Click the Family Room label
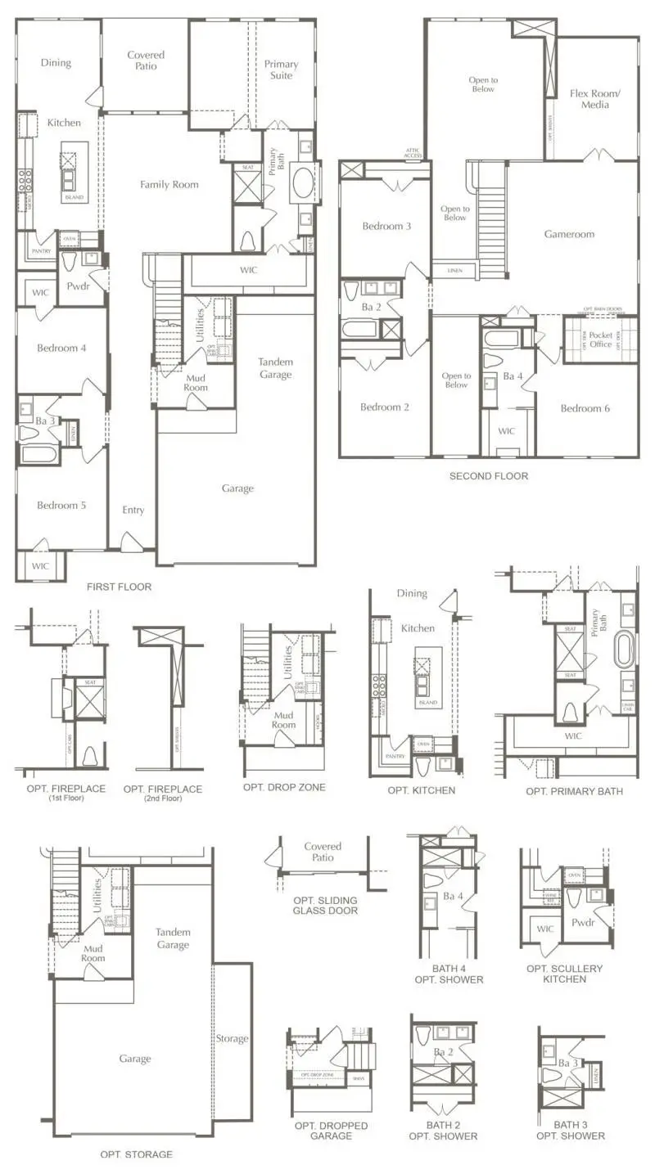coord(169,184)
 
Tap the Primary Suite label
coord(281,70)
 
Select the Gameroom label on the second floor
coord(569,234)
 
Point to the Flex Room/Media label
coord(594,99)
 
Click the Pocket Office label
coord(600,340)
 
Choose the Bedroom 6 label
coord(585,408)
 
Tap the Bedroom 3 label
coord(386,226)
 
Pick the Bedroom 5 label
coord(61,505)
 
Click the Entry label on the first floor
coord(133,510)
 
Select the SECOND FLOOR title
coord(488,475)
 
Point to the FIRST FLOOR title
coord(119,587)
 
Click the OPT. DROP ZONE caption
coord(284,787)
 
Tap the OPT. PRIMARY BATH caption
coord(574,791)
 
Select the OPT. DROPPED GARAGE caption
coord(331,1131)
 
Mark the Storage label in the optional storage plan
coord(232,1038)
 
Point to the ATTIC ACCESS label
coord(412,152)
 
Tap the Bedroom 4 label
coord(61,348)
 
